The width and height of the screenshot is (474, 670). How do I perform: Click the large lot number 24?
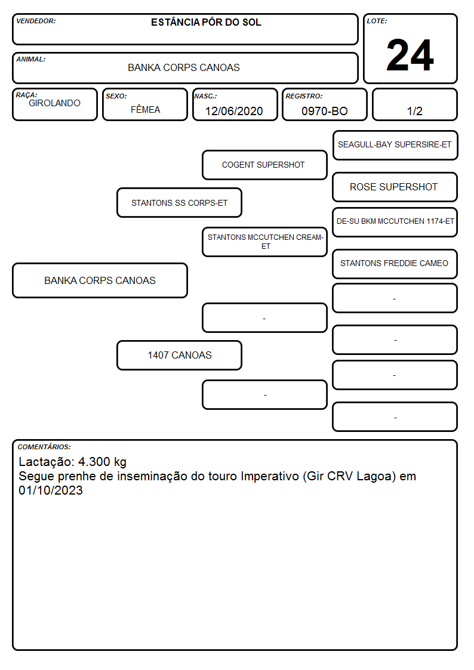click(x=410, y=55)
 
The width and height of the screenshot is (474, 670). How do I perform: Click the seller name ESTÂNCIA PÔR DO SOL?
click(x=206, y=22)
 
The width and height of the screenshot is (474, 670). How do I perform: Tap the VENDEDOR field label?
click(x=36, y=21)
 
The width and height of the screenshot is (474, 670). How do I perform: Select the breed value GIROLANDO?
click(x=54, y=103)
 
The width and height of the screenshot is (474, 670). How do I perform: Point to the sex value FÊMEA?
click(x=145, y=109)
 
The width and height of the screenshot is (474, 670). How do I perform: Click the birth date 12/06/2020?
click(x=234, y=111)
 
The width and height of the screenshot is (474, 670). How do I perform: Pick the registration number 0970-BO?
click(x=324, y=111)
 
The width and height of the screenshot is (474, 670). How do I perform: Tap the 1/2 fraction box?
click(x=414, y=104)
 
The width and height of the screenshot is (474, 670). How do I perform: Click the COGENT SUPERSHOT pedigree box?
click(x=264, y=165)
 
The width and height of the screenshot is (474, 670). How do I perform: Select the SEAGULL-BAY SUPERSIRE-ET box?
click(x=395, y=146)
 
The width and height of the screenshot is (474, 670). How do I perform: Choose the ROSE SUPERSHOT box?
click(x=395, y=187)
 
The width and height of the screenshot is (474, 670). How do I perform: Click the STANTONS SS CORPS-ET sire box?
click(x=179, y=202)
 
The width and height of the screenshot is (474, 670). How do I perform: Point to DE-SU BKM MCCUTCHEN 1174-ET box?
click(x=395, y=222)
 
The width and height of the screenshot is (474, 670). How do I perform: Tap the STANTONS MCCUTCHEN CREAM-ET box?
click(x=264, y=242)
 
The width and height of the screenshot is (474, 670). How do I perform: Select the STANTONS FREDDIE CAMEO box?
click(x=395, y=264)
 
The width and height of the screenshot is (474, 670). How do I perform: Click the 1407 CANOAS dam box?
click(x=179, y=355)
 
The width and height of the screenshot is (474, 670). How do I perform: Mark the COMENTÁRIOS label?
click(x=44, y=447)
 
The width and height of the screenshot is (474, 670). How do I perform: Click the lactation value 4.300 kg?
click(x=102, y=462)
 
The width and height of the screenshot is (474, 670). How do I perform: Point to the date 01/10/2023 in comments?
click(x=50, y=490)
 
